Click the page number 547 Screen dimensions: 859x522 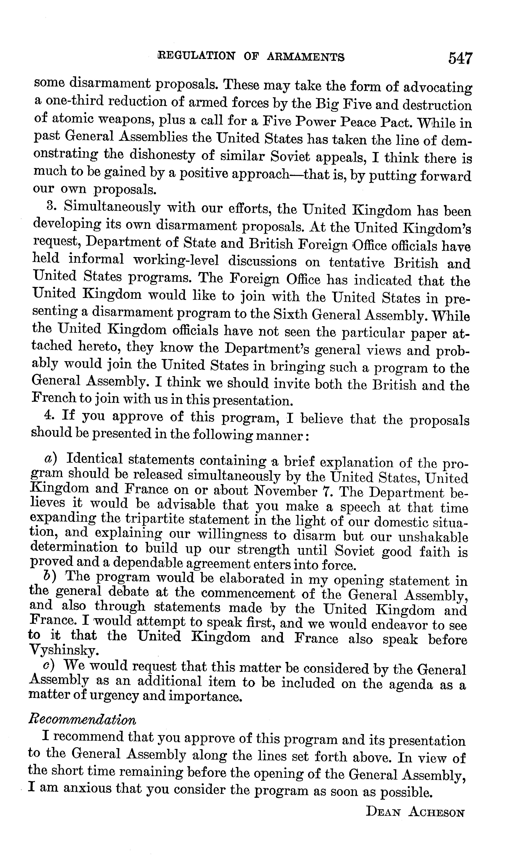click(x=460, y=58)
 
